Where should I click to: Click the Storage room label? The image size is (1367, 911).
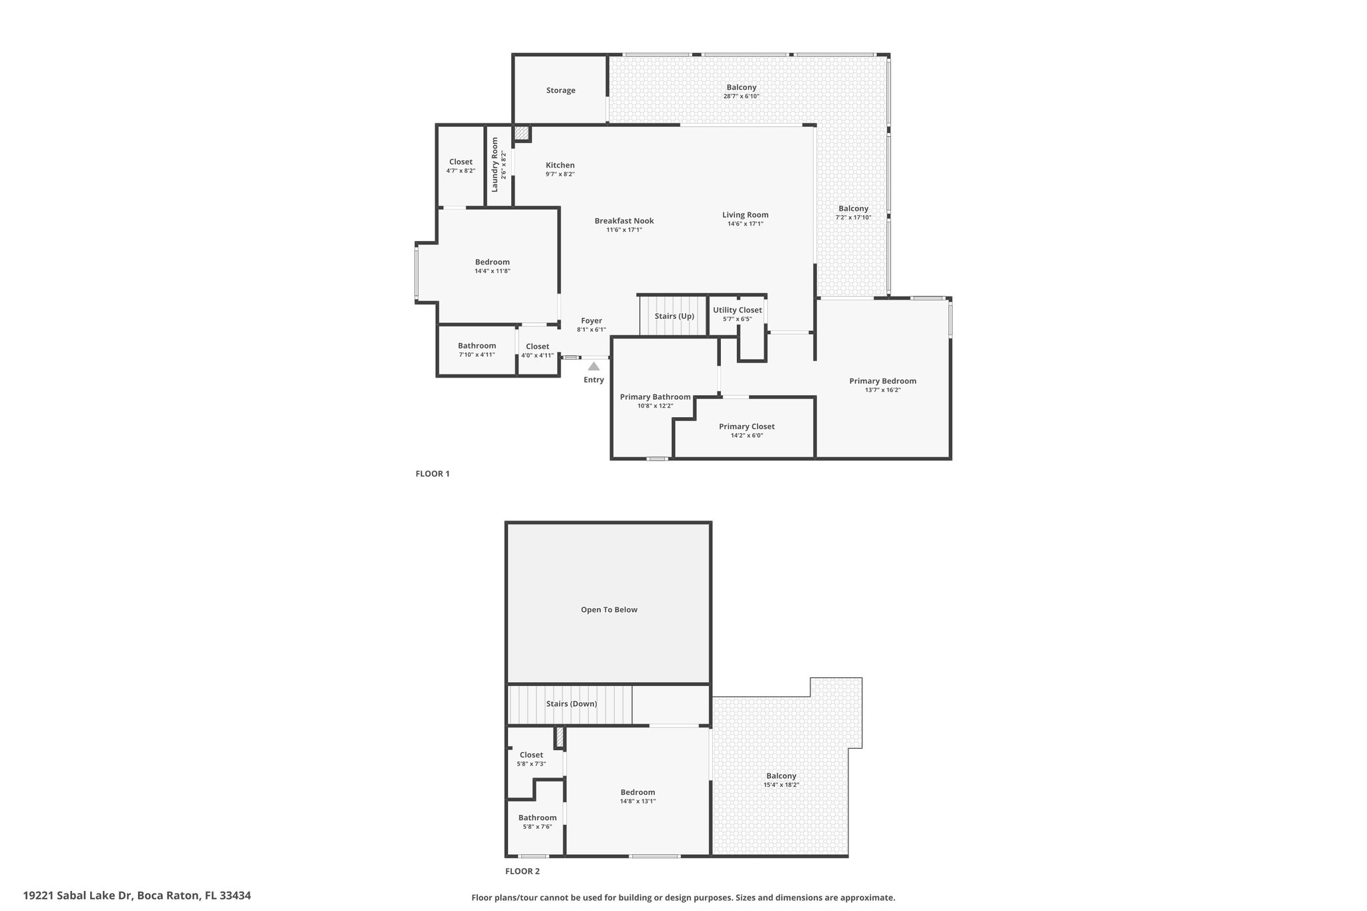pyautogui.click(x=561, y=91)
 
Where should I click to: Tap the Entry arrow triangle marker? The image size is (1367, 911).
pyautogui.click(x=593, y=366)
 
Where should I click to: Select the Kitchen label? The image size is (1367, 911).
pyautogui.click(x=560, y=166)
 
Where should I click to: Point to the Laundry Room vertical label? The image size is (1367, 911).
pyautogui.click(x=495, y=165)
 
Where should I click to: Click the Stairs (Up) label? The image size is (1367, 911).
pyautogui.click(x=674, y=316)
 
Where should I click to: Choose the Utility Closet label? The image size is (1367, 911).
pyautogui.click(x=738, y=310)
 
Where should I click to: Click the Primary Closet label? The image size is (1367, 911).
pyautogui.click(x=747, y=427)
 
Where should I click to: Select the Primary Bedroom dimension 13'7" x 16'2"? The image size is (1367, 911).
pyautogui.click(x=883, y=390)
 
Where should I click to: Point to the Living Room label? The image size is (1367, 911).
pyautogui.click(x=746, y=215)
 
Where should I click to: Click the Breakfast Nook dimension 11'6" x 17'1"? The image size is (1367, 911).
pyautogui.click(x=624, y=230)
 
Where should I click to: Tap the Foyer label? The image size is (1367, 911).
pyautogui.click(x=591, y=321)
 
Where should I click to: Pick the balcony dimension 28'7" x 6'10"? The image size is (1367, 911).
pyautogui.click(x=742, y=96)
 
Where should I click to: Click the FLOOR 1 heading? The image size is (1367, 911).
pyautogui.click(x=433, y=474)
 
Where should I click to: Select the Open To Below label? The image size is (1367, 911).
pyautogui.click(x=609, y=610)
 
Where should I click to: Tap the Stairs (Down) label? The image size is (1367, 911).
pyautogui.click(x=571, y=704)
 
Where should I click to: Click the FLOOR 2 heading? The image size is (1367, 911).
pyautogui.click(x=523, y=871)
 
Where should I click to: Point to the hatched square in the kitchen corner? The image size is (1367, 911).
pyautogui.click(x=522, y=133)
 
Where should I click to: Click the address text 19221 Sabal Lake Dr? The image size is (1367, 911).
pyautogui.click(x=79, y=896)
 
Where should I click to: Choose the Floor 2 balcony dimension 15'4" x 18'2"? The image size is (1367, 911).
pyautogui.click(x=782, y=785)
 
